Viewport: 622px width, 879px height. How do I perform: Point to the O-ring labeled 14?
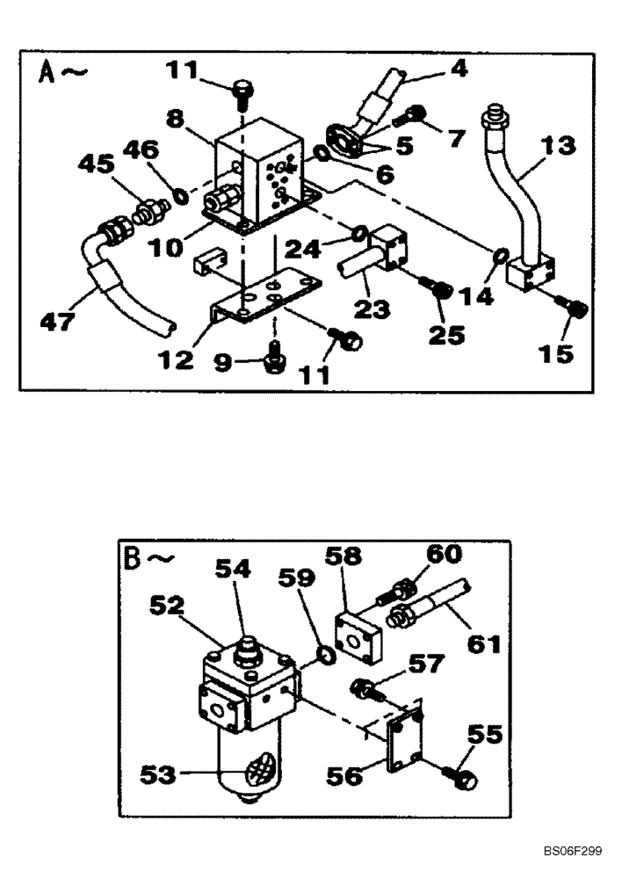pyautogui.click(x=499, y=257)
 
